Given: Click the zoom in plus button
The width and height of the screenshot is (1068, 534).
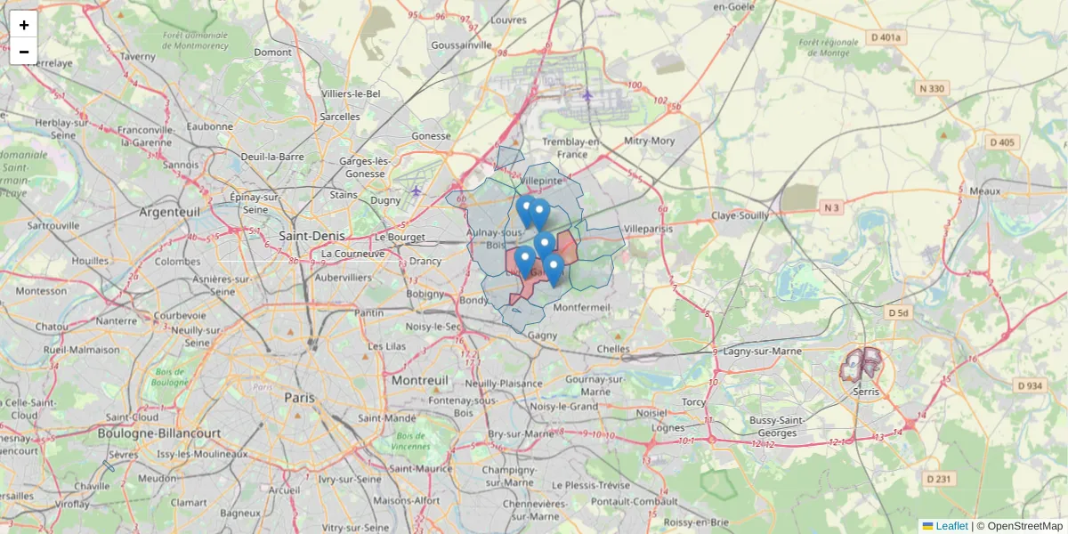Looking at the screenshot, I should tap(24, 25).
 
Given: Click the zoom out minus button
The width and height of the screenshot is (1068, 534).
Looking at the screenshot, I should tap(24, 52).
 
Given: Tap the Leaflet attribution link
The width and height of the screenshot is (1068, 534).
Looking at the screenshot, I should tap(951, 526).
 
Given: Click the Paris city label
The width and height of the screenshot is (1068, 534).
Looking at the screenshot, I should tap(299, 398).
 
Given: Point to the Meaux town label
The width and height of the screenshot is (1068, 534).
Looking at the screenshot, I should tap(985, 190).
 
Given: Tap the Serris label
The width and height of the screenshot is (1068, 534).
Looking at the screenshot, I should tap(865, 392).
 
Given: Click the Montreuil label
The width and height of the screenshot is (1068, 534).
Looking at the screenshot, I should tap(420, 380).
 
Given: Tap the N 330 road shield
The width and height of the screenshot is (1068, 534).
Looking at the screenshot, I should tap(932, 88).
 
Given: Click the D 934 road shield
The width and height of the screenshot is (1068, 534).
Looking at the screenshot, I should tap(1029, 385).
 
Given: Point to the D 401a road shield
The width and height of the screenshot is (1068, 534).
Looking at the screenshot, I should tap(886, 37).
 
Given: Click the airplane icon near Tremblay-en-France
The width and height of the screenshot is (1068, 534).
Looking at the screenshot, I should tap(587, 94).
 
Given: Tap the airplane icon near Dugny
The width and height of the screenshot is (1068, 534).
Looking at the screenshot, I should tap(416, 190).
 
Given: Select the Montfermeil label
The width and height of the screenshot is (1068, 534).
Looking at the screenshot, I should tap(581, 307).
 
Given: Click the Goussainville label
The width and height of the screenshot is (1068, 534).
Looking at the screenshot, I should tap(460, 44).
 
